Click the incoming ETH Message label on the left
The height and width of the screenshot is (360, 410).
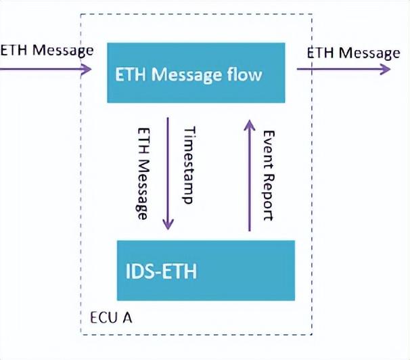46,50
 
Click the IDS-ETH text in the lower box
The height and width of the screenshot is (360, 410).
161,273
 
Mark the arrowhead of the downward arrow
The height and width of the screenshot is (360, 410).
168,225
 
